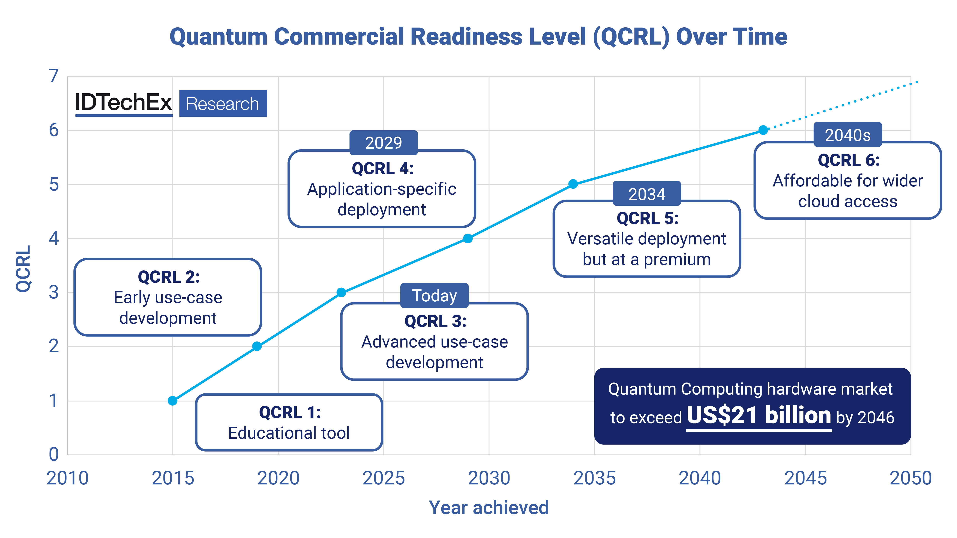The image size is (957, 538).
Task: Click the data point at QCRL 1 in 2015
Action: click(172, 401)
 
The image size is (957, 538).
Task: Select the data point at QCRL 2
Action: click(257, 346)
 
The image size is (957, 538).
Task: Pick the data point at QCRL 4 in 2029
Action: click(468, 238)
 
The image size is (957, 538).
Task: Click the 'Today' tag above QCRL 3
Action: click(434, 295)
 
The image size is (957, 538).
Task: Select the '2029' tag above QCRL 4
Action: click(383, 142)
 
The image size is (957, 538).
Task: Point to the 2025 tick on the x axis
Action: click(383, 478)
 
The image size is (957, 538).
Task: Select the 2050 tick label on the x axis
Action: click(910, 478)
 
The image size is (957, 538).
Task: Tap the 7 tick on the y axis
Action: click(54, 76)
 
